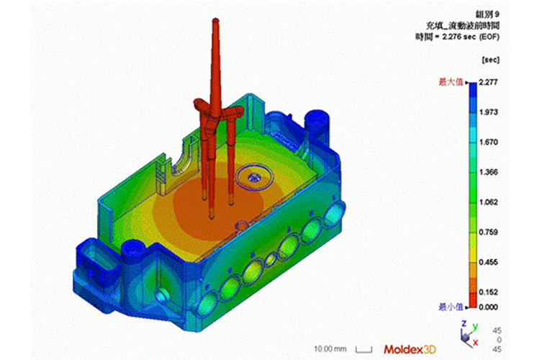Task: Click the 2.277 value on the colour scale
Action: pos(488,82)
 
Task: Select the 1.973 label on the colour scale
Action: pos(488,112)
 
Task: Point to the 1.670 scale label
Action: pos(488,143)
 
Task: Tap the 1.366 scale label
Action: pos(488,172)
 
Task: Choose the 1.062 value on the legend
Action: pos(488,202)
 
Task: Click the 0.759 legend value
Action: pos(488,232)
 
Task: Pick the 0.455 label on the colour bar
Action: pos(488,263)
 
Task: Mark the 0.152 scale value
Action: pos(488,292)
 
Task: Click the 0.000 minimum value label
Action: pos(488,307)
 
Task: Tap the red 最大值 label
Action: pos(451,82)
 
